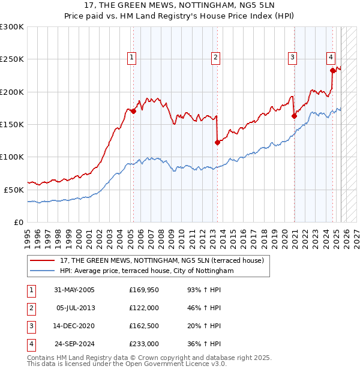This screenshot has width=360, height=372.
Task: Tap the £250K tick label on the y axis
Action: click(x=11, y=59)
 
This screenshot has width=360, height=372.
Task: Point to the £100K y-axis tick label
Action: click(x=11, y=157)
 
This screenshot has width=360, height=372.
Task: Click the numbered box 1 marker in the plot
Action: click(x=131, y=58)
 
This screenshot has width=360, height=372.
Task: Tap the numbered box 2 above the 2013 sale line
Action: click(x=215, y=58)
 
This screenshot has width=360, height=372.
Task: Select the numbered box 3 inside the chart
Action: click(x=292, y=58)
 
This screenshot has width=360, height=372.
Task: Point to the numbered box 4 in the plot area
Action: click(x=331, y=58)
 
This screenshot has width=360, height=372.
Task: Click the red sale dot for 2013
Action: click(x=217, y=142)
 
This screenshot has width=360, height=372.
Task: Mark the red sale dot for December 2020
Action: click(x=294, y=116)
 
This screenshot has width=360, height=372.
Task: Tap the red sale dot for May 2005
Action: click(x=133, y=111)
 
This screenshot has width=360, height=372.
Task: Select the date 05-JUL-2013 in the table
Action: click(x=74, y=308)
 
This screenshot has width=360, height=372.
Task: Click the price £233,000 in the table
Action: click(x=144, y=344)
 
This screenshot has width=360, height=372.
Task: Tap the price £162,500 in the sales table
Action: click(x=144, y=326)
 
